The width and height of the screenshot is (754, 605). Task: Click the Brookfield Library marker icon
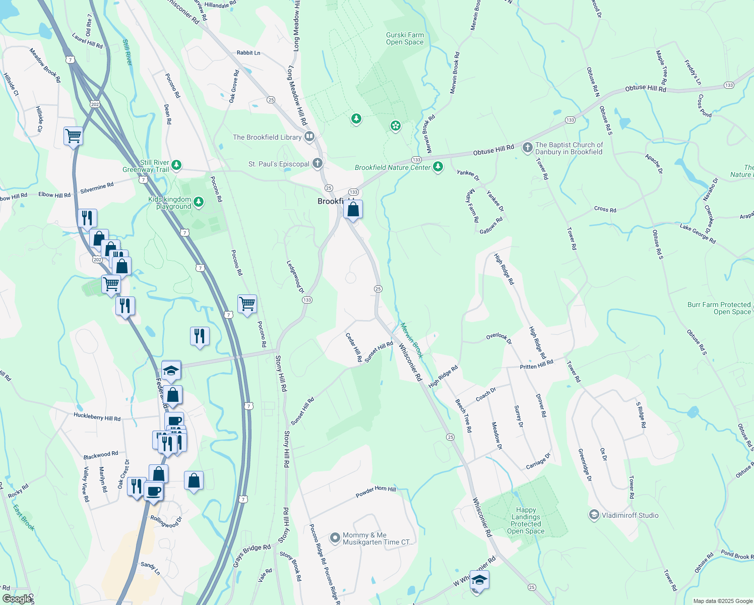click(309, 136)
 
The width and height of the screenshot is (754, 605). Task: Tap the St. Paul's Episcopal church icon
click(317, 163)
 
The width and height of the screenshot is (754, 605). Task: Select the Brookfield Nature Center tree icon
click(438, 166)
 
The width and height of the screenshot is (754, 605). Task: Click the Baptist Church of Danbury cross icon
click(527, 147)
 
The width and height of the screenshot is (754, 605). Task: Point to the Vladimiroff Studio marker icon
click(594, 515)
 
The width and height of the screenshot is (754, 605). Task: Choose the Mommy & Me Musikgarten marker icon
click(335, 538)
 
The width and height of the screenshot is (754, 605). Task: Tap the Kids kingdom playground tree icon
click(199, 202)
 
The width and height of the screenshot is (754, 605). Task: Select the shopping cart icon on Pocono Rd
click(247, 304)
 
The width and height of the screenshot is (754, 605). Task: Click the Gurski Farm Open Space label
click(405, 39)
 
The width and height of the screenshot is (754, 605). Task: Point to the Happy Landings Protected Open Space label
click(526, 520)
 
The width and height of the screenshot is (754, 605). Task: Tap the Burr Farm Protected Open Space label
click(719, 308)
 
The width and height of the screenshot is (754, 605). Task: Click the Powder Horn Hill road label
click(375, 492)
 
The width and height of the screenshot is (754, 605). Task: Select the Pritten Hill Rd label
click(536, 365)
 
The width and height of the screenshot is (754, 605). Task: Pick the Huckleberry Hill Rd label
click(97, 417)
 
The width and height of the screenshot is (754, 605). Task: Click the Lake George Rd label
click(698, 234)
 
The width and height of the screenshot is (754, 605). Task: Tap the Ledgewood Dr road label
click(296, 277)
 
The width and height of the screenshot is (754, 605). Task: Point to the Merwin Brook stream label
click(412, 340)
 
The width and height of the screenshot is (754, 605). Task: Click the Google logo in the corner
click(17, 599)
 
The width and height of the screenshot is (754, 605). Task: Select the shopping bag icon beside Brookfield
click(353, 209)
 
